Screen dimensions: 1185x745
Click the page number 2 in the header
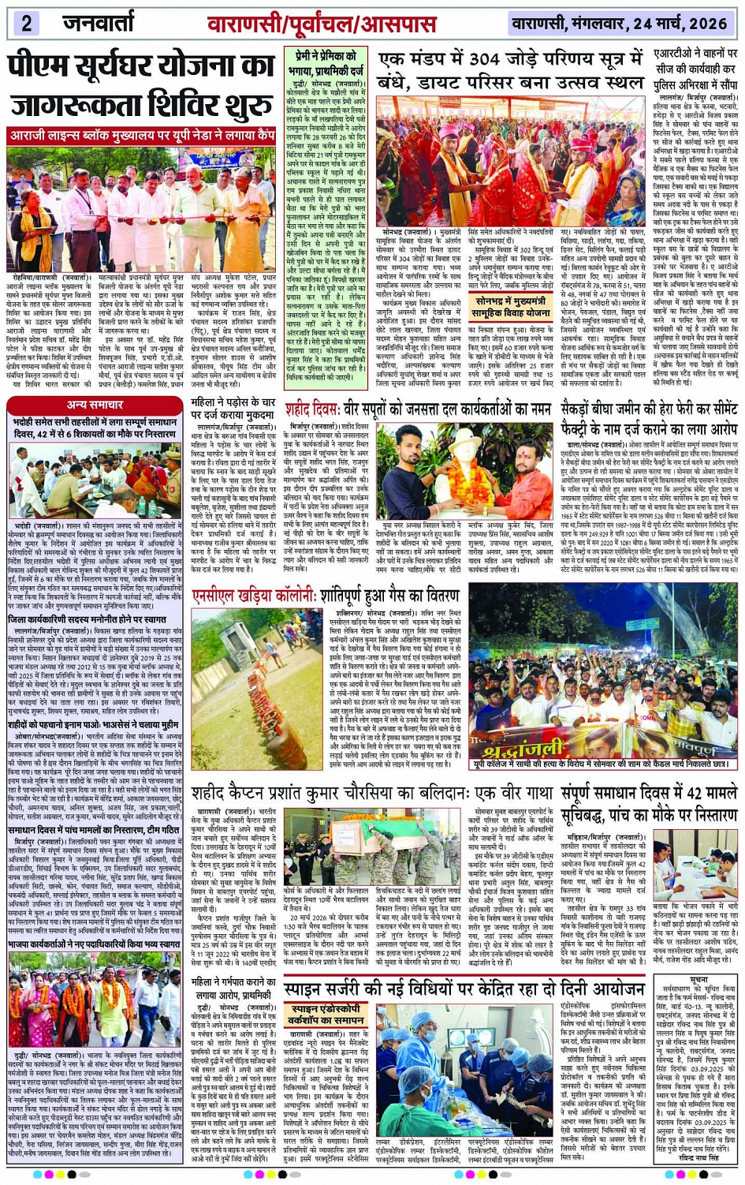point(26,22)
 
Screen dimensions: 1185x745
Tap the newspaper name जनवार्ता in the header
point(99,23)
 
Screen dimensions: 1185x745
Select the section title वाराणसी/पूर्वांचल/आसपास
point(321,24)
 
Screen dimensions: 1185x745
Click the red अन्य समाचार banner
point(95,405)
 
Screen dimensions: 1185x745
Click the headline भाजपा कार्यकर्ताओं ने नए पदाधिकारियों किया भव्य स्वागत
point(95,944)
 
